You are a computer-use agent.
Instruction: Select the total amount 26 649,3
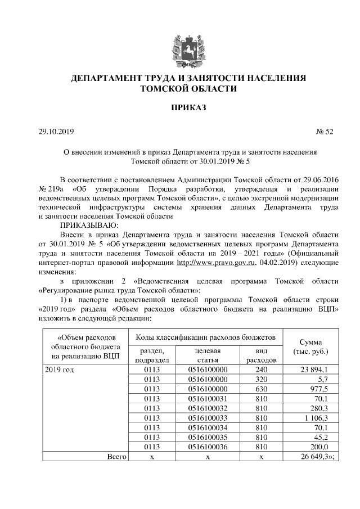(x=318, y=456)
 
